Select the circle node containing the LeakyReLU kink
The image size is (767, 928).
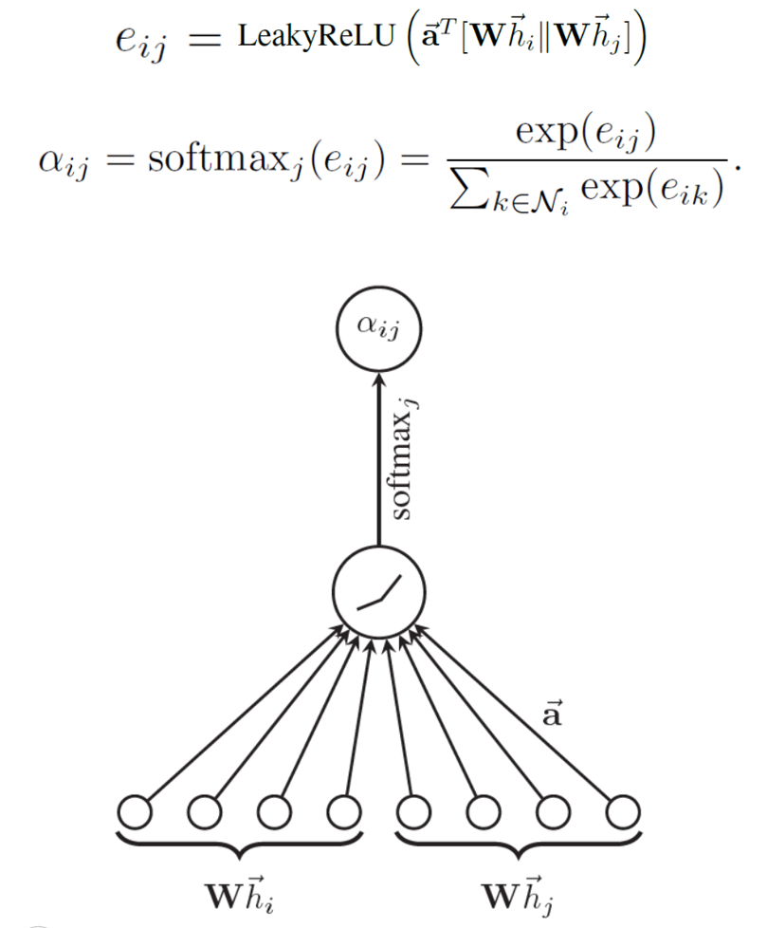pos(378,594)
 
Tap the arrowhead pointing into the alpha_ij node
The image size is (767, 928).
pos(378,378)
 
